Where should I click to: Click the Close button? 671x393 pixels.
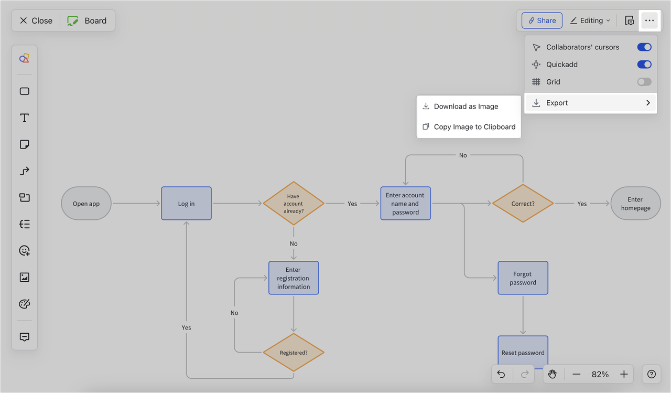point(36,20)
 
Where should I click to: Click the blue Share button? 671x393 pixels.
point(542,20)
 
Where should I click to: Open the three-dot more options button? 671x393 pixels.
point(650,20)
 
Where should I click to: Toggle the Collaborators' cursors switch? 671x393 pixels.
point(644,47)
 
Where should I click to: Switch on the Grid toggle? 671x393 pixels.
point(644,82)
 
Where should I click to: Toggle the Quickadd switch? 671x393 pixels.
point(644,65)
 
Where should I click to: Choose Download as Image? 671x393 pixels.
point(466,107)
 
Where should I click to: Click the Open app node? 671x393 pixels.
point(86,204)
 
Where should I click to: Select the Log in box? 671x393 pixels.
point(186,204)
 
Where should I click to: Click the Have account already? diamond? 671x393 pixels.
point(294,204)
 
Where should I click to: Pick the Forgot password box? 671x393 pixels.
point(523,278)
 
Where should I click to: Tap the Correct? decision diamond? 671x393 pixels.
point(523,204)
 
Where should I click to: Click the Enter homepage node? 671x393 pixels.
point(635,204)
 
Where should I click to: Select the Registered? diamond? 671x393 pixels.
point(294,353)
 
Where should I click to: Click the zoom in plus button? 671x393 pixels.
point(624,374)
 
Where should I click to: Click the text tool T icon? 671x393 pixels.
point(25,118)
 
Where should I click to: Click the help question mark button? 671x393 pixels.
point(651,374)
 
